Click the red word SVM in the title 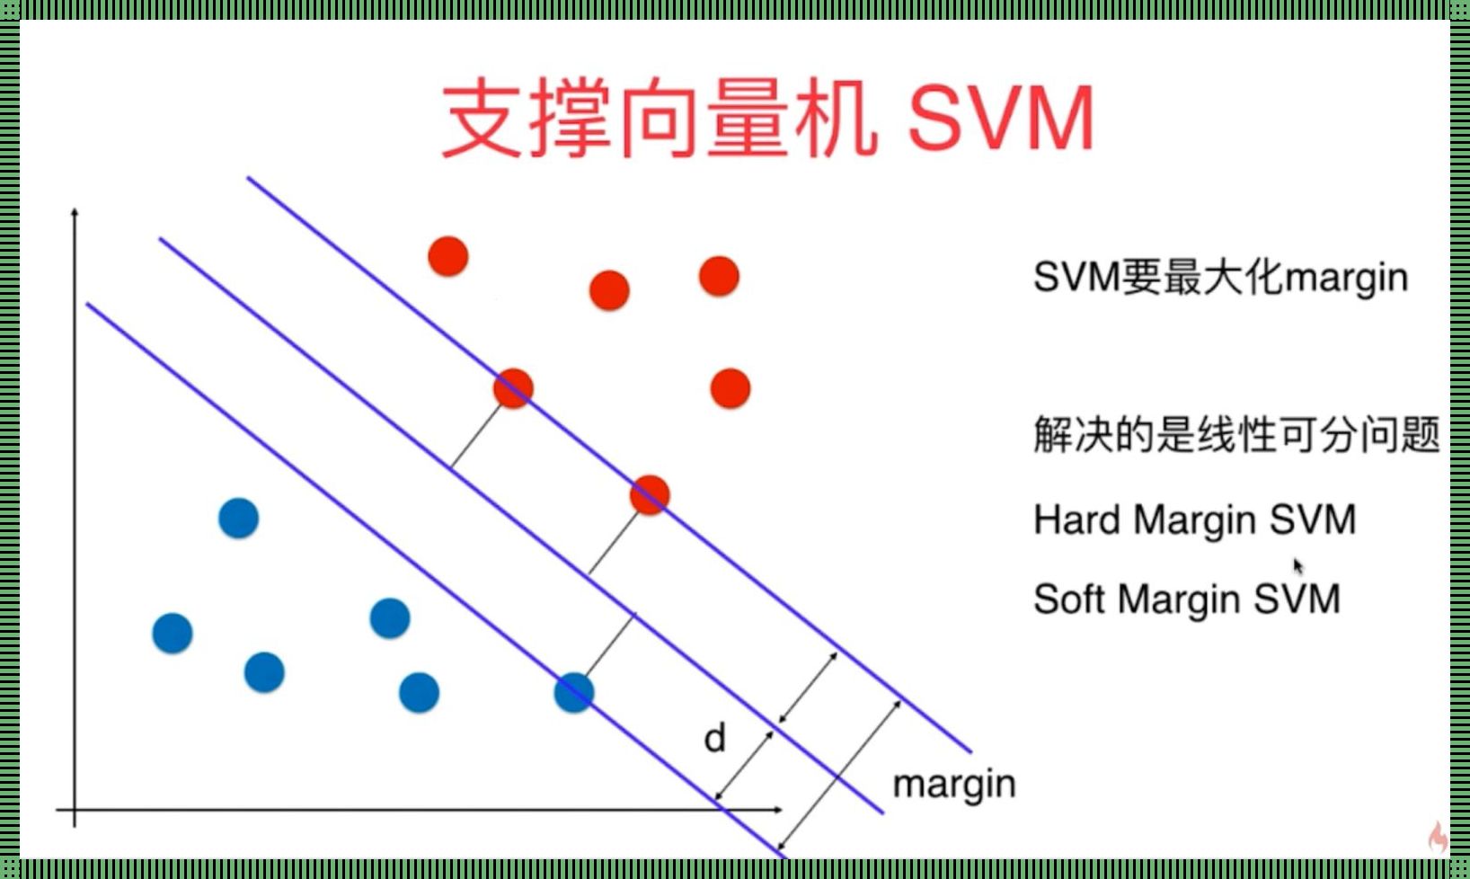point(1001,118)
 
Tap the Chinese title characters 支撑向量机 point(660,118)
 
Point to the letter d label point(714,738)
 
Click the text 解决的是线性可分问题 point(1237,435)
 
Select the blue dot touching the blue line point(574,693)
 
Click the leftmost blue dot point(173,634)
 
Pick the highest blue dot point(238,518)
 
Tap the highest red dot point(448,256)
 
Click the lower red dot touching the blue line point(650,495)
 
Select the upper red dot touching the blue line point(513,388)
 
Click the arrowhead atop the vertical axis point(75,212)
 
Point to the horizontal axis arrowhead point(777,810)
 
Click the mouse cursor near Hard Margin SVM point(1298,566)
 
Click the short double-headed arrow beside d point(744,766)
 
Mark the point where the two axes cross point(75,810)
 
